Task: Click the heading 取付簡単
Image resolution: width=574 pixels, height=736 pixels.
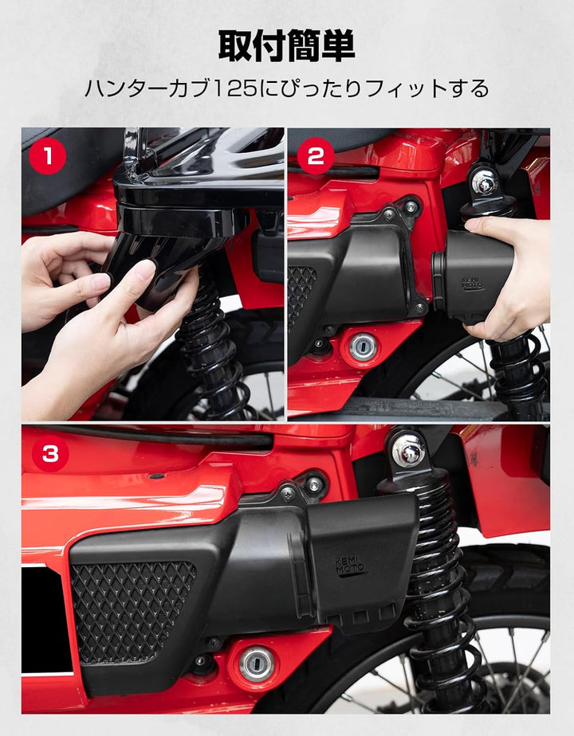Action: [x=287, y=46]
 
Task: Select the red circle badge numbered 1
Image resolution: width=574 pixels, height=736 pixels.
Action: [x=48, y=156]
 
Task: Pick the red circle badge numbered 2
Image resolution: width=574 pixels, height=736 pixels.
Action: [x=315, y=156]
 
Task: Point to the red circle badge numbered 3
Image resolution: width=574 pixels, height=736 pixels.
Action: [x=49, y=454]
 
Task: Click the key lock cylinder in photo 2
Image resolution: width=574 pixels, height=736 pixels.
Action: [x=364, y=346]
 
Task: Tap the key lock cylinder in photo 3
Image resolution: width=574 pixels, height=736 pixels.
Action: [x=257, y=663]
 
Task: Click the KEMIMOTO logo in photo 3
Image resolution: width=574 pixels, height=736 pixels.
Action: [x=352, y=566]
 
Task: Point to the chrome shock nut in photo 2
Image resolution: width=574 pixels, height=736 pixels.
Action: [x=484, y=182]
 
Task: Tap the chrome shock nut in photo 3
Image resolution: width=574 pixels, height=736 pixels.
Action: [x=408, y=452]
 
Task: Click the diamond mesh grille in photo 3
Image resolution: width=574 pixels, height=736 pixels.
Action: [x=132, y=609]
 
